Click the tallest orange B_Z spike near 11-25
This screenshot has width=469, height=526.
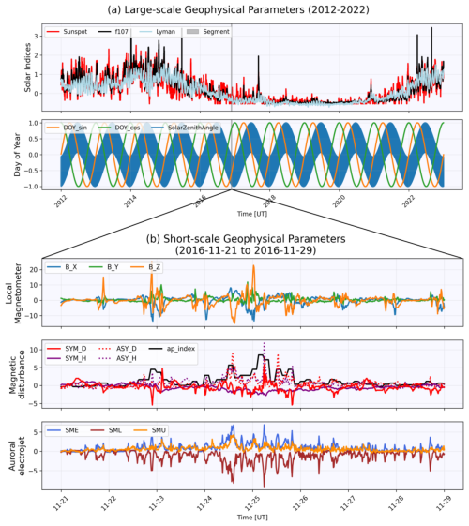(x=252, y=267)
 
